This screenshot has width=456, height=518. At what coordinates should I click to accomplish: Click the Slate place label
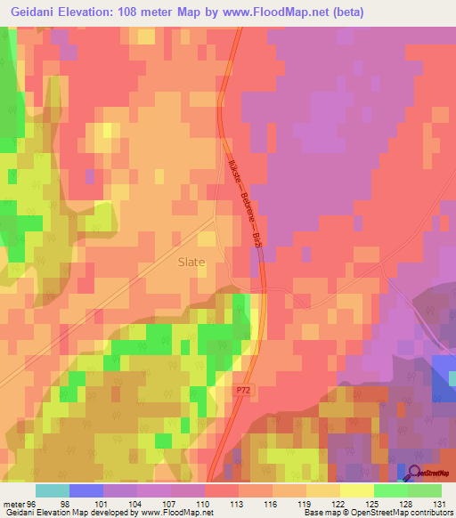tap(191, 263)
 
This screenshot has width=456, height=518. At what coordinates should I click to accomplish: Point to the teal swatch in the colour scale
tap(53, 490)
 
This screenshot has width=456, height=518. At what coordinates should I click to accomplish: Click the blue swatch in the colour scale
tap(86, 490)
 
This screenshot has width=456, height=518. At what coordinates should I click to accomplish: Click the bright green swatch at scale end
tap(425, 490)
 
